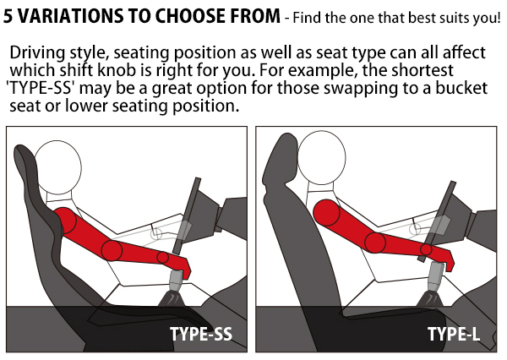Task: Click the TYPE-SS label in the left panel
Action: (201, 334)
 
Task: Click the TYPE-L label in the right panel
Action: (454, 334)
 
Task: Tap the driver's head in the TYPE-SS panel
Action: (57, 167)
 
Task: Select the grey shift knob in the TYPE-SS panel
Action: (177, 281)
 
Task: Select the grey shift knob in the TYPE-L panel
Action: (435, 275)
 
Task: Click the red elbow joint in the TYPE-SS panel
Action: (112, 250)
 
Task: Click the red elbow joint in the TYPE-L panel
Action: (375, 243)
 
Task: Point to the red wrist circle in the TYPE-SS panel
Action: (162, 258)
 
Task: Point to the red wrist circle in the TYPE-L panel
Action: (426, 249)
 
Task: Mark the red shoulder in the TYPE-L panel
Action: (326, 213)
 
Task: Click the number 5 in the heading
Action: (8, 16)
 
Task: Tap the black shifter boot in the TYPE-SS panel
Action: (172, 298)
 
